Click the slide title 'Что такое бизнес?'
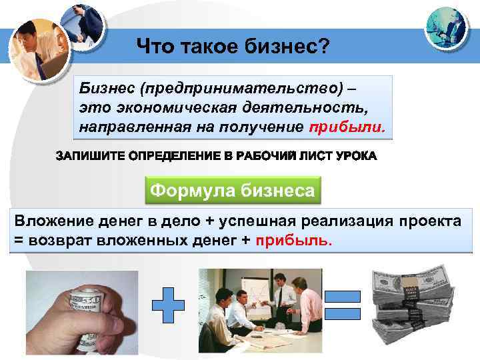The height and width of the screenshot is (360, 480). (x=233, y=47)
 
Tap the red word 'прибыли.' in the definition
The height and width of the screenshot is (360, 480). (x=356, y=127)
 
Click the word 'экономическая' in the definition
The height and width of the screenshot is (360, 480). (x=165, y=108)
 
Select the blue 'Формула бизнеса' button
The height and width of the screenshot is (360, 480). (x=232, y=191)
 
